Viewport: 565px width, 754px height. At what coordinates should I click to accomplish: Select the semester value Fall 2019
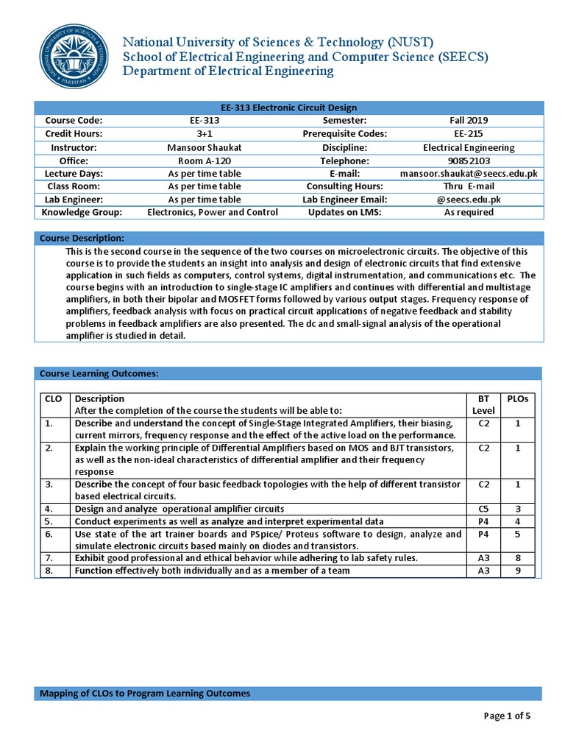pyautogui.click(x=469, y=121)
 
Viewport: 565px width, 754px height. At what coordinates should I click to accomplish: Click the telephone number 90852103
pyautogui.click(x=469, y=161)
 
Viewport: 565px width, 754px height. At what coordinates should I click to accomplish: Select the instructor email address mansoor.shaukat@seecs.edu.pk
pyautogui.click(x=469, y=174)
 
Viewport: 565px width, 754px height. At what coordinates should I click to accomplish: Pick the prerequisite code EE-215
pyautogui.click(x=469, y=134)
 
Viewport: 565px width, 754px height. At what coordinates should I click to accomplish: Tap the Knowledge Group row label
pyautogui.click(x=81, y=213)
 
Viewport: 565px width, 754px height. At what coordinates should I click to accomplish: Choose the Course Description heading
pyautogui.click(x=82, y=239)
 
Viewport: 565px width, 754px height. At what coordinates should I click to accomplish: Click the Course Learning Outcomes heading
pyautogui.click(x=99, y=374)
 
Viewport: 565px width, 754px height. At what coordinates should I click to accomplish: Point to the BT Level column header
pyautogui.click(x=484, y=404)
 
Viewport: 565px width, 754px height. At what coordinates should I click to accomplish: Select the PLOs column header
pyautogui.click(x=518, y=398)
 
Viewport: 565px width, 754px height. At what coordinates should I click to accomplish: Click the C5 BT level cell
pyautogui.click(x=484, y=509)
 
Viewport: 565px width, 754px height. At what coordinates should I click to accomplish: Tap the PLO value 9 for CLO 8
pyautogui.click(x=518, y=571)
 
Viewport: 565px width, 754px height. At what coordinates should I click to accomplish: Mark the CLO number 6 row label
pyautogui.click(x=49, y=534)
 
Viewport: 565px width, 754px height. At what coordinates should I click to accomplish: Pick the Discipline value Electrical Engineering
pyautogui.click(x=469, y=147)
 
